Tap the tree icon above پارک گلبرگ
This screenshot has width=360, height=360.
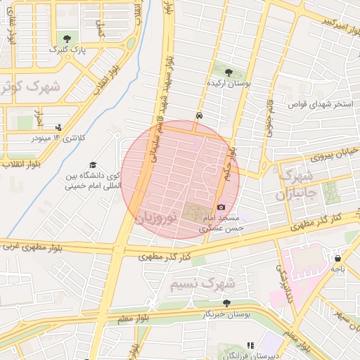(67, 38)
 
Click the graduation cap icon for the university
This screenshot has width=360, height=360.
(93, 165)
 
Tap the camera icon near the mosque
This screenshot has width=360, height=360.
(221, 207)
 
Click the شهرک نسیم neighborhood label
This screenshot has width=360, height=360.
(200, 283)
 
